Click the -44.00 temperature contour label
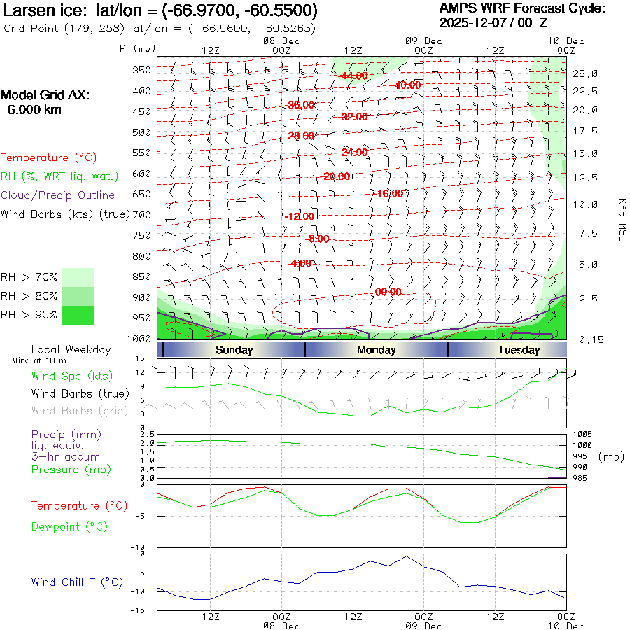click(354, 76)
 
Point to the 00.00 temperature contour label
click(388, 292)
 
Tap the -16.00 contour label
click(389, 193)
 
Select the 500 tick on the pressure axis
click(142, 132)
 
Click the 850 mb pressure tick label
click(142, 277)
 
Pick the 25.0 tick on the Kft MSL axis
click(585, 73)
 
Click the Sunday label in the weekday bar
click(234, 350)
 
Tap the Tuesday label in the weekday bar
click(519, 350)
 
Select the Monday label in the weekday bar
click(376, 350)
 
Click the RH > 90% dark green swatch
click(78, 315)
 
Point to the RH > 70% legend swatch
click(78, 277)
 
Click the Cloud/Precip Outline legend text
click(58, 195)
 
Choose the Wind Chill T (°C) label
click(77, 582)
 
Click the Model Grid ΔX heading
click(45, 95)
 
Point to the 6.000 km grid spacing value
click(34, 110)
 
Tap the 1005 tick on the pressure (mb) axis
click(582, 434)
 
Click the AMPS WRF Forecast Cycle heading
click(521, 9)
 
